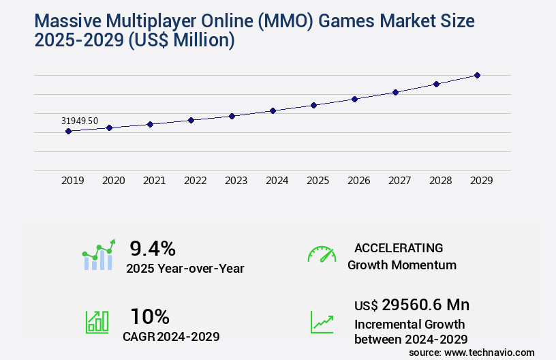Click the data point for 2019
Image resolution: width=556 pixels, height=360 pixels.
(x=68, y=131)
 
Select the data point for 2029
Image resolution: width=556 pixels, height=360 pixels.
(x=477, y=75)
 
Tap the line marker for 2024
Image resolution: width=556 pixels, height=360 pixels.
(x=273, y=110)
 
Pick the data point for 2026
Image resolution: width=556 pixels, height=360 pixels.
(x=354, y=99)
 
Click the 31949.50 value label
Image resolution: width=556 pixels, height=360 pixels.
(x=80, y=121)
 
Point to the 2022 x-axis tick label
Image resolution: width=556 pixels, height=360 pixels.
(x=195, y=181)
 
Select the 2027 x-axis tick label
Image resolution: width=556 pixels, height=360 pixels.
(x=399, y=181)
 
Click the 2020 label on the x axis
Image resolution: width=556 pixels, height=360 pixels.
(x=113, y=181)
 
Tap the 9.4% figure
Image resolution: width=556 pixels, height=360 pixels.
(x=153, y=247)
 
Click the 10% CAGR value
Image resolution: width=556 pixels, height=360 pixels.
(x=150, y=316)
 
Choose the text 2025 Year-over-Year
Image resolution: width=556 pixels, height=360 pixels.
(x=185, y=269)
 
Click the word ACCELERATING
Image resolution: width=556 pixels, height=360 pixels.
(x=399, y=247)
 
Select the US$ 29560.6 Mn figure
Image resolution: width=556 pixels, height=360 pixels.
(x=412, y=305)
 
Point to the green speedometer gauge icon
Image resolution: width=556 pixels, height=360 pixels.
(x=322, y=254)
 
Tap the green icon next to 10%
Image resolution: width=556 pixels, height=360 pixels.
(x=96, y=321)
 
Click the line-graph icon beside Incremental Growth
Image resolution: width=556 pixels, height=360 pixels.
(x=322, y=322)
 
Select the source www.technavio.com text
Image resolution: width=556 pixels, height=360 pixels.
(x=472, y=352)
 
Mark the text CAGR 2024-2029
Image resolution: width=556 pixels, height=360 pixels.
(x=171, y=337)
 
